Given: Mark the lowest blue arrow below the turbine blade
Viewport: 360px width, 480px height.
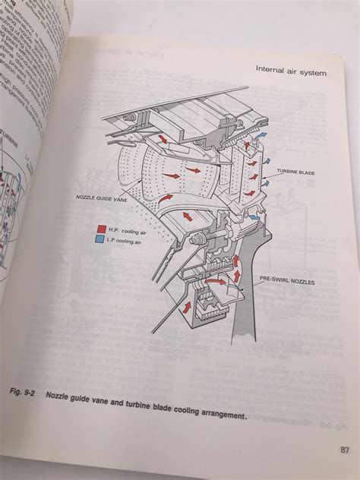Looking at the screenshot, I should click(256, 217).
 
